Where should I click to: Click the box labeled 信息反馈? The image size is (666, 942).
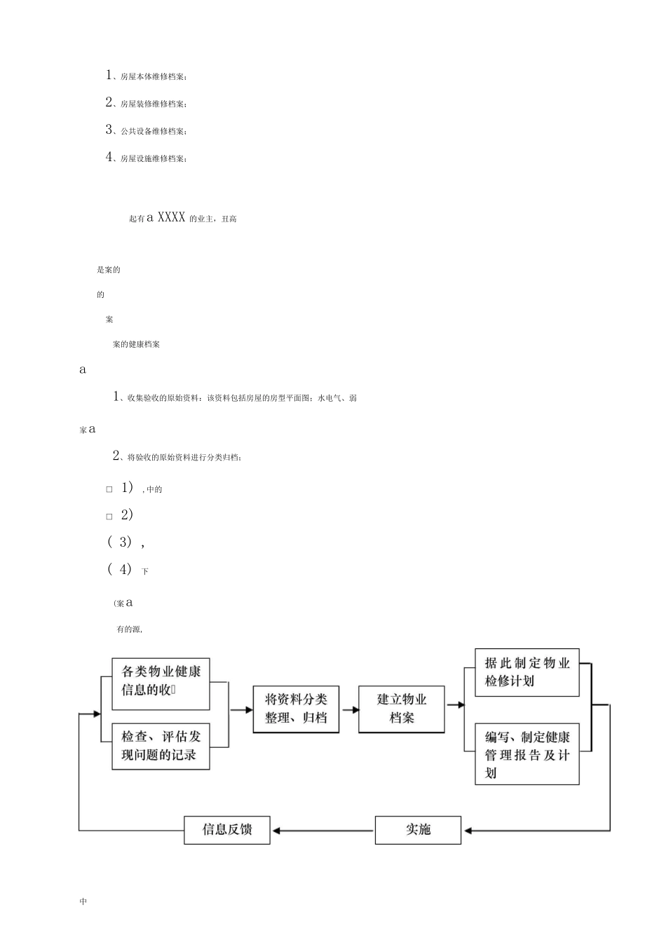pos(226,830)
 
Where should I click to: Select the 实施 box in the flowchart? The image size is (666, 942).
pos(418,830)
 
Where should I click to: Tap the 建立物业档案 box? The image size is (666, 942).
pos(401,709)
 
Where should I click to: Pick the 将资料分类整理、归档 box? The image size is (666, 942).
pos(296,709)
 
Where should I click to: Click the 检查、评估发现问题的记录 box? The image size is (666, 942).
pos(161,746)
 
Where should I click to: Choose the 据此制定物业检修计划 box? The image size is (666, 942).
pos(527,672)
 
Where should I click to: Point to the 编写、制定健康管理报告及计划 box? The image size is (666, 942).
pos(527,754)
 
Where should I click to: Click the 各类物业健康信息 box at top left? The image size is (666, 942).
pos(161,681)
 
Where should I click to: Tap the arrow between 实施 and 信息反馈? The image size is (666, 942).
pos(322,831)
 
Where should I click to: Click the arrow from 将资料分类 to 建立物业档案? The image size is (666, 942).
pos(348,709)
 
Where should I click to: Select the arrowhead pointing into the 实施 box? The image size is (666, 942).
pos(468,831)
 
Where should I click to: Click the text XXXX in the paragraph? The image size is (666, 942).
pos(171,218)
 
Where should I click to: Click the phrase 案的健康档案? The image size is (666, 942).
pos(136,344)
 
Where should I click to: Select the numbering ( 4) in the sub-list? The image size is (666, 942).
pos(120,569)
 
